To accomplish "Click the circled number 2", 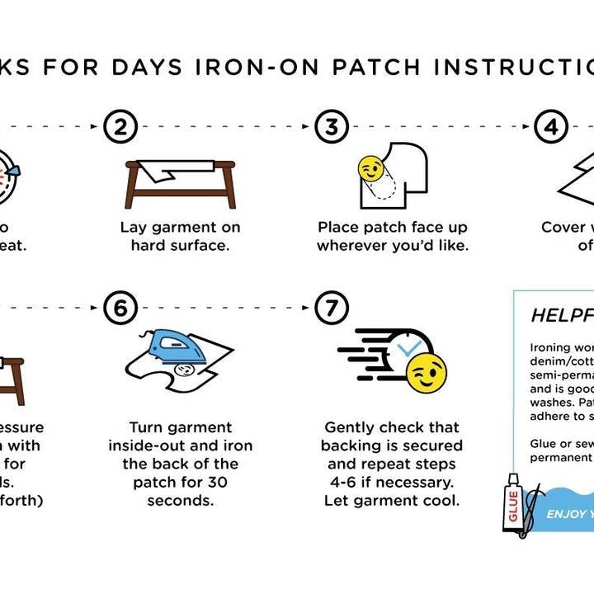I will tap(120, 127).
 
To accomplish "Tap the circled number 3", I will tap(332, 127).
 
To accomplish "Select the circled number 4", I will tap(549, 127).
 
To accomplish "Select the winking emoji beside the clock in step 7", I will tap(427, 374).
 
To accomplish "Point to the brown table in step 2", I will tap(181, 183).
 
